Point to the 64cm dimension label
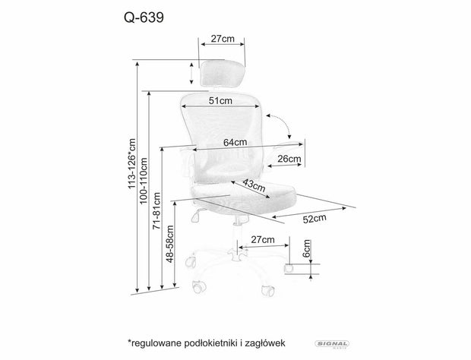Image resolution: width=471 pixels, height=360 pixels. pos(234,141)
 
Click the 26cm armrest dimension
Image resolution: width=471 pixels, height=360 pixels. pos(289,159)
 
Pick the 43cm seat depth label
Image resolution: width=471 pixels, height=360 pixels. pos(254,185)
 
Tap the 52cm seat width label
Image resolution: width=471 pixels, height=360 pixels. pos(315,219)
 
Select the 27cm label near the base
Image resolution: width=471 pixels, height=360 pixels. pos(262,239)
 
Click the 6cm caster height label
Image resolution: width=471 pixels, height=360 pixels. pos(307,251)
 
